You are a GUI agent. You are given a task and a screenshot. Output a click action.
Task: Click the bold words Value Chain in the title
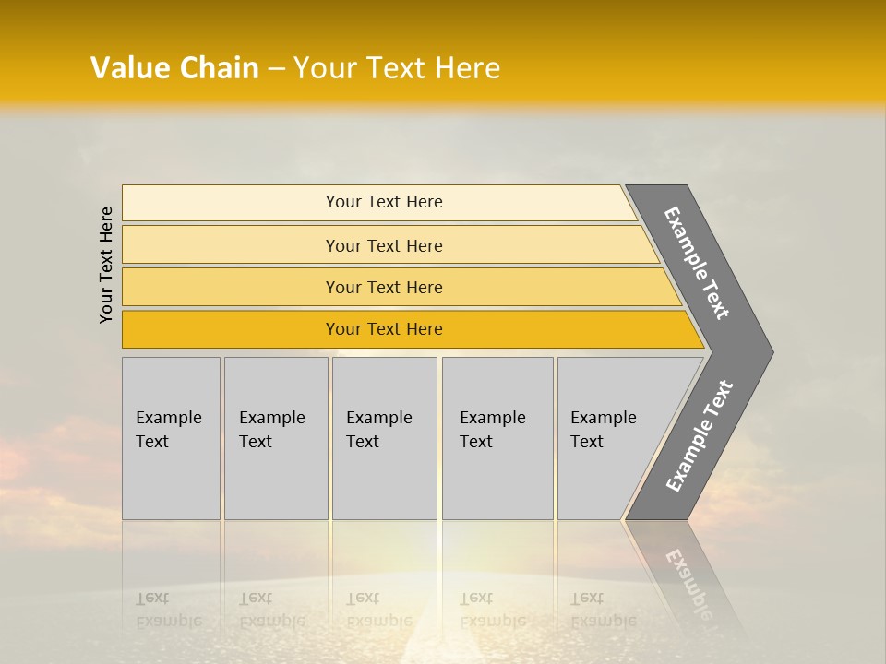click(174, 68)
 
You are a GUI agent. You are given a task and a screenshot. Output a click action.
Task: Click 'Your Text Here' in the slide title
click(397, 68)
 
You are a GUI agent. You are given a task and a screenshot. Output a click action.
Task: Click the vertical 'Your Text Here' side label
click(107, 265)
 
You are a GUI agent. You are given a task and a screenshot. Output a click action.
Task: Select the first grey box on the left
click(171, 438)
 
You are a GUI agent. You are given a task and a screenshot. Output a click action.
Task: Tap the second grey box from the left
click(276, 438)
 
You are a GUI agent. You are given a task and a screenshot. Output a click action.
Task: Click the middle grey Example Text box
click(384, 438)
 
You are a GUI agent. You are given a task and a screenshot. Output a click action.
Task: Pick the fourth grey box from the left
click(497, 438)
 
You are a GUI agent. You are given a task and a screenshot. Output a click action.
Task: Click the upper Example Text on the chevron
click(697, 263)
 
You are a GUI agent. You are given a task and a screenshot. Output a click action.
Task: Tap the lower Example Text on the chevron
click(700, 436)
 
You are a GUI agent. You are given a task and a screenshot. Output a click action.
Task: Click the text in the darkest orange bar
click(384, 329)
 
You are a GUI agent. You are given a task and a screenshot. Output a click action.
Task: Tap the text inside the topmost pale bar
click(384, 202)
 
